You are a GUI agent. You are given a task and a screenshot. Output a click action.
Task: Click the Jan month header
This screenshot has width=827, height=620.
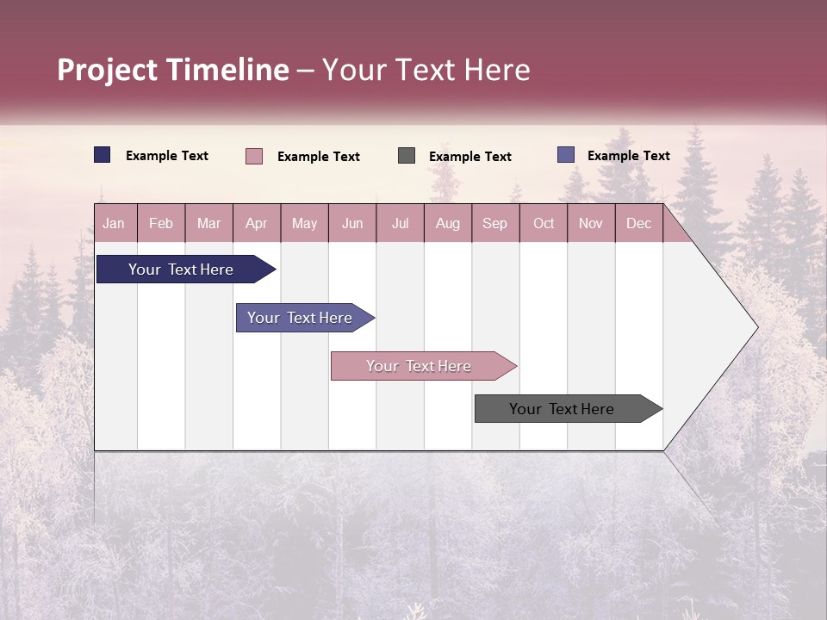[x=114, y=223]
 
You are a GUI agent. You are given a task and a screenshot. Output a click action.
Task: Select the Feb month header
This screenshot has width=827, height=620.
[x=161, y=223]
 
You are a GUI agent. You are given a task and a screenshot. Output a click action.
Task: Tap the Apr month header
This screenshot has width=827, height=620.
[x=256, y=223]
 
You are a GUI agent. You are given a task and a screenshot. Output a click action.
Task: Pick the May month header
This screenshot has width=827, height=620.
[x=304, y=223]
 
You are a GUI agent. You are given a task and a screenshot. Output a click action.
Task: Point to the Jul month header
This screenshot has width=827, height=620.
[x=400, y=223]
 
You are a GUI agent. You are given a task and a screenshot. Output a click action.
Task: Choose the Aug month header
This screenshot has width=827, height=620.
[x=447, y=223]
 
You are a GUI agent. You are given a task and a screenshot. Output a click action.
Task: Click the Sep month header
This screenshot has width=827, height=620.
[x=494, y=223]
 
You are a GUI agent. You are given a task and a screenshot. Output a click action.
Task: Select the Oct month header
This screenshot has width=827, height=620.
[x=544, y=223]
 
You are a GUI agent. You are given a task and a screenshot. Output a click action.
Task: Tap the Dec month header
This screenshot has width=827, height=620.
[x=638, y=223]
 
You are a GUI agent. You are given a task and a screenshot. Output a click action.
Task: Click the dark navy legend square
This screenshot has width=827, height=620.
[x=103, y=155]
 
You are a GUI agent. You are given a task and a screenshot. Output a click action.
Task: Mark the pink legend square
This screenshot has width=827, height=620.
[x=254, y=156]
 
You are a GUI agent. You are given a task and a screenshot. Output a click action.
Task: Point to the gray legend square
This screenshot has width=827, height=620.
[x=407, y=156]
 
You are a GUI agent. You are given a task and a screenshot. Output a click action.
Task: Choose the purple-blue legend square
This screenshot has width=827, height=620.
[x=566, y=155]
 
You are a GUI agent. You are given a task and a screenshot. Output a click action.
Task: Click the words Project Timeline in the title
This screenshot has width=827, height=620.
[x=173, y=70]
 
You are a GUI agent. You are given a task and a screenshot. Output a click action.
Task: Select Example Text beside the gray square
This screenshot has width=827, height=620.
[x=470, y=157]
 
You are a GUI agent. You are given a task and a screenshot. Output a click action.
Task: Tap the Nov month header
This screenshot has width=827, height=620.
[x=591, y=223]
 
